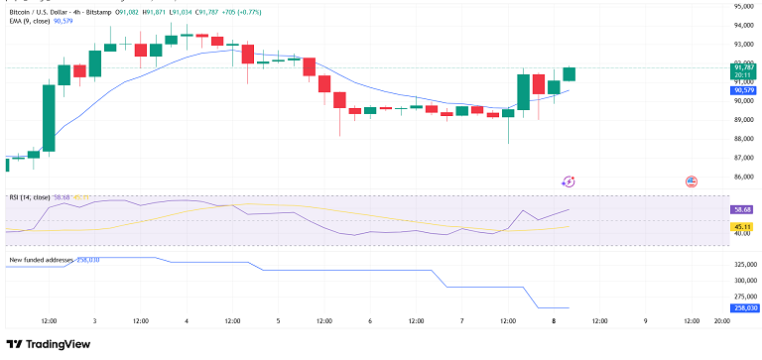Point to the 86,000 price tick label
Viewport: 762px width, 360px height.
tap(744, 177)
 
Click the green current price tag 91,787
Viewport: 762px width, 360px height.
tap(745, 67)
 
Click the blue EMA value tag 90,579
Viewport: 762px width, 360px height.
tap(745, 90)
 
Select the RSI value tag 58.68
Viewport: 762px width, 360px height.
tap(745, 210)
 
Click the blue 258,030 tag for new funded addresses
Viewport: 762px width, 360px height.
tap(745, 308)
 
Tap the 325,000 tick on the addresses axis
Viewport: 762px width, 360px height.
tap(745, 265)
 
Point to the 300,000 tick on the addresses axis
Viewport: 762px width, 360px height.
tap(745, 281)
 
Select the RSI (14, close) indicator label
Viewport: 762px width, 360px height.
tap(29, 197)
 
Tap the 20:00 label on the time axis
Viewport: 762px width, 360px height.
tap(721, 321)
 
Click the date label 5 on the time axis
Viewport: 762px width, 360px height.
tap(278, 321)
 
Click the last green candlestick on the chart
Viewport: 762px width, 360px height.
tap(570, 74)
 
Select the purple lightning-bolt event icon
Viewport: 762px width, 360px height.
tap(569, 181)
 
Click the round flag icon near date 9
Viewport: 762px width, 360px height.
tap(692, 181)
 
